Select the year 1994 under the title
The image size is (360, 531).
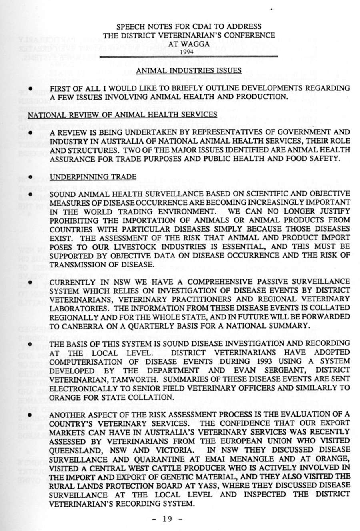coord(188,52)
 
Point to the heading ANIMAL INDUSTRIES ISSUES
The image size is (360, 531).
coord(188,71)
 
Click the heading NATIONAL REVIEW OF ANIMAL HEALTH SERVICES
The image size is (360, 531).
coord(122,115)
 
